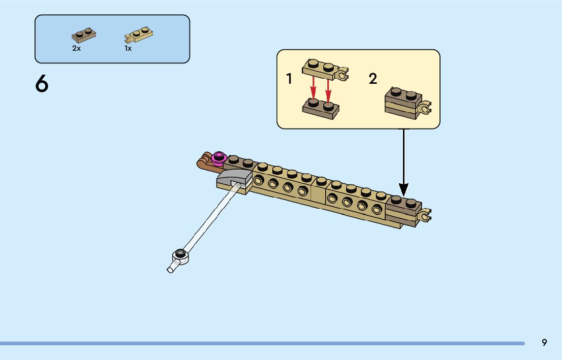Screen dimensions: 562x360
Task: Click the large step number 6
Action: [x=42, y=84]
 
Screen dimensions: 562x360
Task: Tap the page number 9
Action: [x=544, y=342]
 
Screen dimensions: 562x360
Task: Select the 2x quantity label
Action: [x=76, y=49]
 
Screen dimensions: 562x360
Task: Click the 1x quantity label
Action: [x=128, y=49]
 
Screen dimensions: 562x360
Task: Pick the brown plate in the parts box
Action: [x=84, y=36]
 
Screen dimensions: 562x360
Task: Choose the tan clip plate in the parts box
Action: [x=139, y=36]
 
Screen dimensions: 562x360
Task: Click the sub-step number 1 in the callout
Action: [x=289, y=79]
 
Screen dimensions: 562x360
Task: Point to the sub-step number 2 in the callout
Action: [x=373, y=79]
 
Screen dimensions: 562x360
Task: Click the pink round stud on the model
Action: [x=220, y=158]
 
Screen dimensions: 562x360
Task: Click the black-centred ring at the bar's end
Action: [x=180, y=253]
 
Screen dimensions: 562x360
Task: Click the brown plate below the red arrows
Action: [x=321, y=108]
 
